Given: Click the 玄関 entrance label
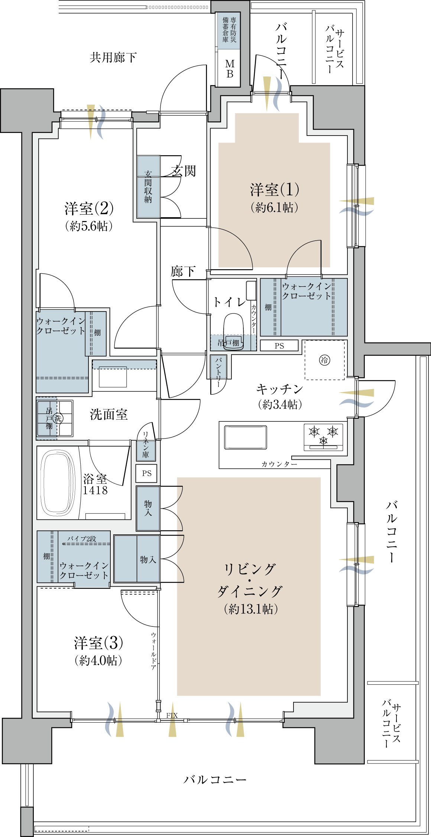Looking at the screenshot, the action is click(x=183, y=171).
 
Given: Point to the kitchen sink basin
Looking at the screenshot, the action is click(x=245, y=437).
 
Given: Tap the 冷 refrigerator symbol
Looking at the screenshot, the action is click(x=325, y=359).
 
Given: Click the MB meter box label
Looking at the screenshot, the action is click(x=230, y=69).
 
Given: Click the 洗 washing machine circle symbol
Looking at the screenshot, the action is click(x=58, y=418).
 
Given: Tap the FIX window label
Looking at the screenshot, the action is click(x=172, y=715).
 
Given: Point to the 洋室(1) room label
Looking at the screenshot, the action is click(x=275, y=189).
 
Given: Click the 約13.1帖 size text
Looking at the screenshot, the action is click(x=251, y=609).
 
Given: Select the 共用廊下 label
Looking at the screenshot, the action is click(x=113, y=57).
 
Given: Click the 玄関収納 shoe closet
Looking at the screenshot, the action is click(x=148, y=186).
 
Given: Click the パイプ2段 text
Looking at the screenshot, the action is click(x=82, y=538).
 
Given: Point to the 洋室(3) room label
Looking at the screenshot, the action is click(x=98, y=643).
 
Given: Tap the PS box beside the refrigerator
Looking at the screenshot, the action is click(x=279, y=346).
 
